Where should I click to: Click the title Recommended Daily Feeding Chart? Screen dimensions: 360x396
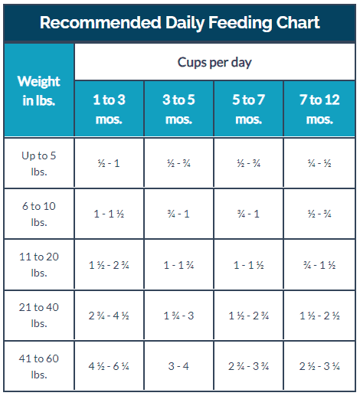click(180, 23)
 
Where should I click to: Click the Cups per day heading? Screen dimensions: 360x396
click(214, 62)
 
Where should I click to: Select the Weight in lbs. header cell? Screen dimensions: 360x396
click(39, 90)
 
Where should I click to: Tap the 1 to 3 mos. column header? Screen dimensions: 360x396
click(109, 110)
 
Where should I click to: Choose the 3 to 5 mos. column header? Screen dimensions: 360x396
click(178, 110)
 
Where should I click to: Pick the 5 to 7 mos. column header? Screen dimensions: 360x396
click(248, 110)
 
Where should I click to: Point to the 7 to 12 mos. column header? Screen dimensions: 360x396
click(319, 110)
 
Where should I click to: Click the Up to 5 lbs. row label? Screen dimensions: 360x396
click(39, 164)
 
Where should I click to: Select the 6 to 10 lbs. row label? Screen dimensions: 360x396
click(39, 214)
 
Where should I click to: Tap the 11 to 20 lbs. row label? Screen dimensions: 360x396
click(39, 264)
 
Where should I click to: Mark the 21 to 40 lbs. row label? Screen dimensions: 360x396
click(39, 315)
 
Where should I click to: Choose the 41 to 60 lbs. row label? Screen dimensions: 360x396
click(39, 366)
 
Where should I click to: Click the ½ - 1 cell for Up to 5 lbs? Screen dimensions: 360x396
click(109, 163)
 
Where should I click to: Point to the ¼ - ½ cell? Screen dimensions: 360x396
click(319, 163)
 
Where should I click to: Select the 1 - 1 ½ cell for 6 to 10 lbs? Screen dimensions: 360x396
click(109, 214)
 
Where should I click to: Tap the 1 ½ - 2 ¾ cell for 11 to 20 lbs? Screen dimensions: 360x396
click(109, 265)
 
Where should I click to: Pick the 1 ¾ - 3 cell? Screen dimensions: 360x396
click(178, 316)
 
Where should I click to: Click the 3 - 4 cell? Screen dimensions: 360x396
click(178, 366)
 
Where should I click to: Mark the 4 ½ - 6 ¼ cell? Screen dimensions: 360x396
click(109, 366)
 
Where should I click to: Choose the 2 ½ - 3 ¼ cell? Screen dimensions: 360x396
click(319, 366)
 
